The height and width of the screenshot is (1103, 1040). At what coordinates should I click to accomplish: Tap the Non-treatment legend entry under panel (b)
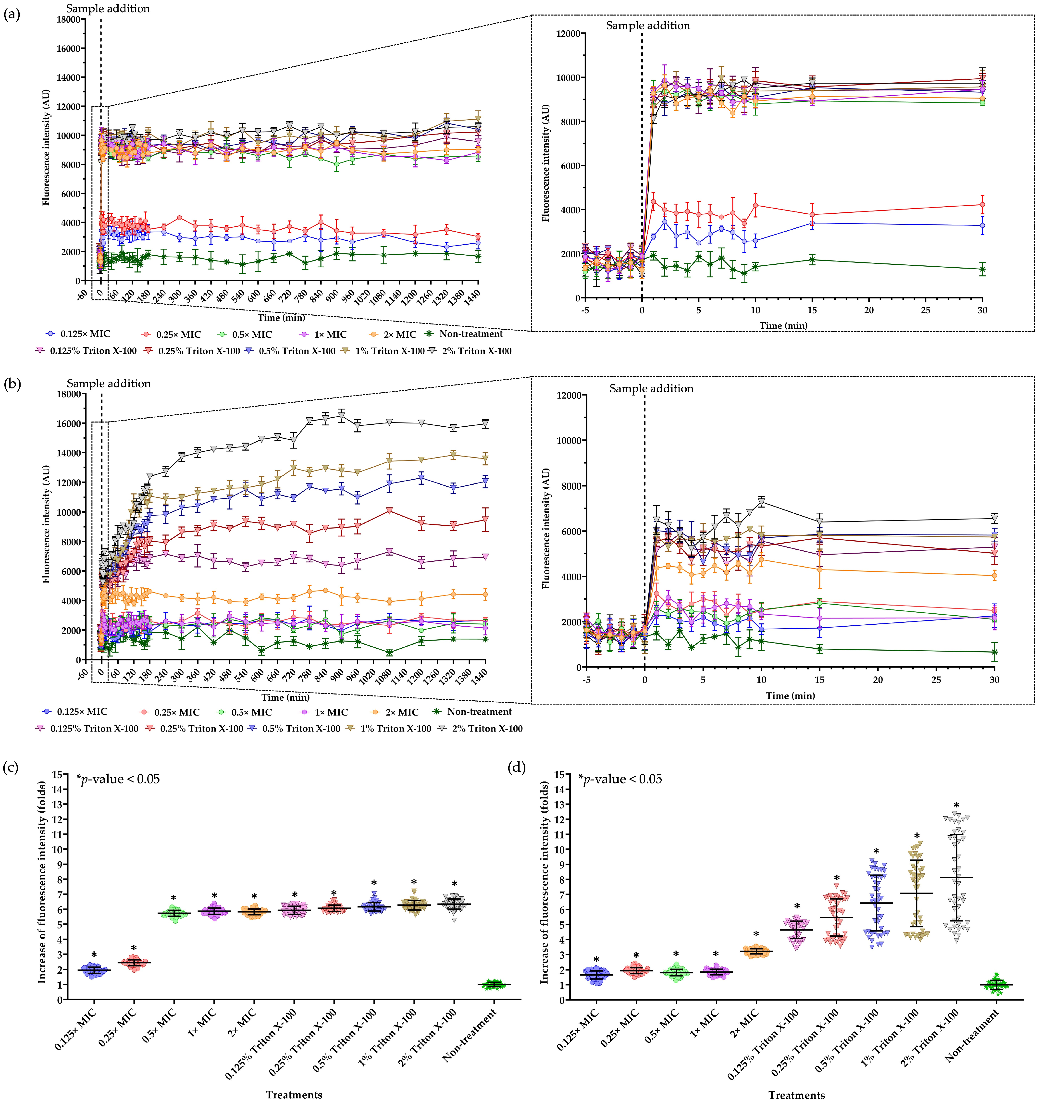point(479,712)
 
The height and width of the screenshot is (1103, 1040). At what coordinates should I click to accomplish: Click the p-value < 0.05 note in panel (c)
point(118,779)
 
